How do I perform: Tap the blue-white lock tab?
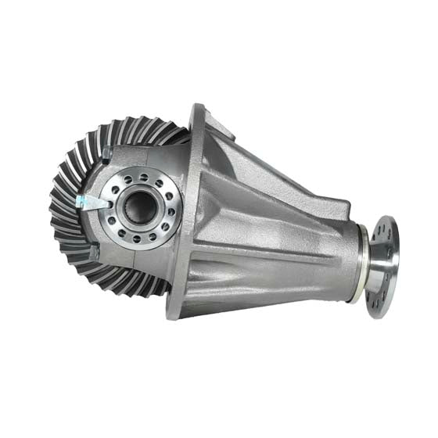[88, 203]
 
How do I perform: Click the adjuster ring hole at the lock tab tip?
[108, 205]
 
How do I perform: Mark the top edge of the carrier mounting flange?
[198, 109]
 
